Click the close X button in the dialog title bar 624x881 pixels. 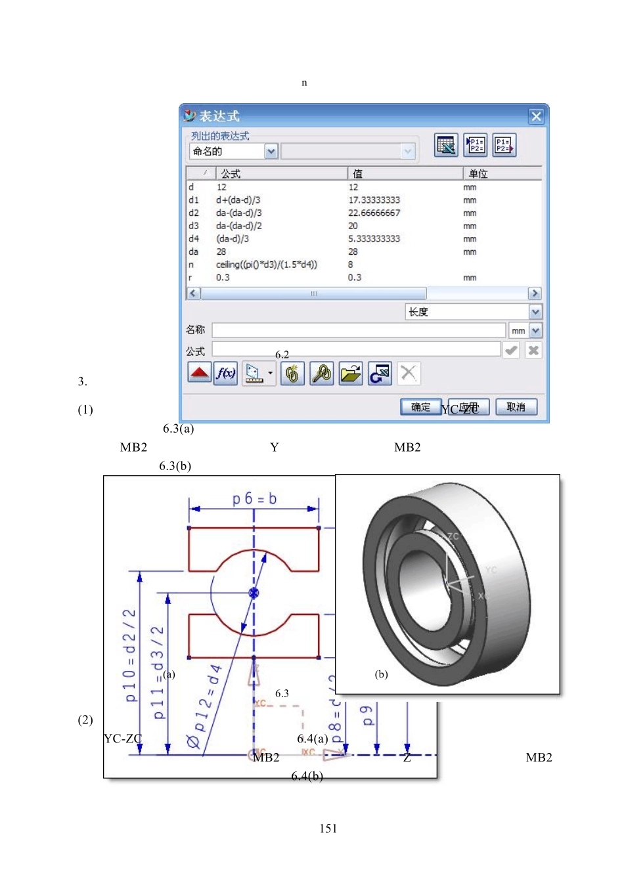[536, 116]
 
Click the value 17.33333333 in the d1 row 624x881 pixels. [374, 200]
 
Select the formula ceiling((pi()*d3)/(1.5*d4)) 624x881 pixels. [267, 265]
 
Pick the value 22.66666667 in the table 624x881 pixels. [374, 213]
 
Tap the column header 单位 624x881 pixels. [478, 173]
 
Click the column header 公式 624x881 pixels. [231, 173]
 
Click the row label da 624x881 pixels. [193, 251]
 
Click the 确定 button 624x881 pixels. [420, 407]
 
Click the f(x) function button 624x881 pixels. [225, 374]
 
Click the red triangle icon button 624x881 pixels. [199, 374]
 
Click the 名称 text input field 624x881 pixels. [359, 330]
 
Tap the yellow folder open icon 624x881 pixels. [351, 374]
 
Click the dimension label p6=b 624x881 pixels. [254, 499]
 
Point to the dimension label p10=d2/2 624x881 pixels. [130, 655]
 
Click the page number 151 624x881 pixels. [328, 828]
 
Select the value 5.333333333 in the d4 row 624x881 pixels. [374, 239]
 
